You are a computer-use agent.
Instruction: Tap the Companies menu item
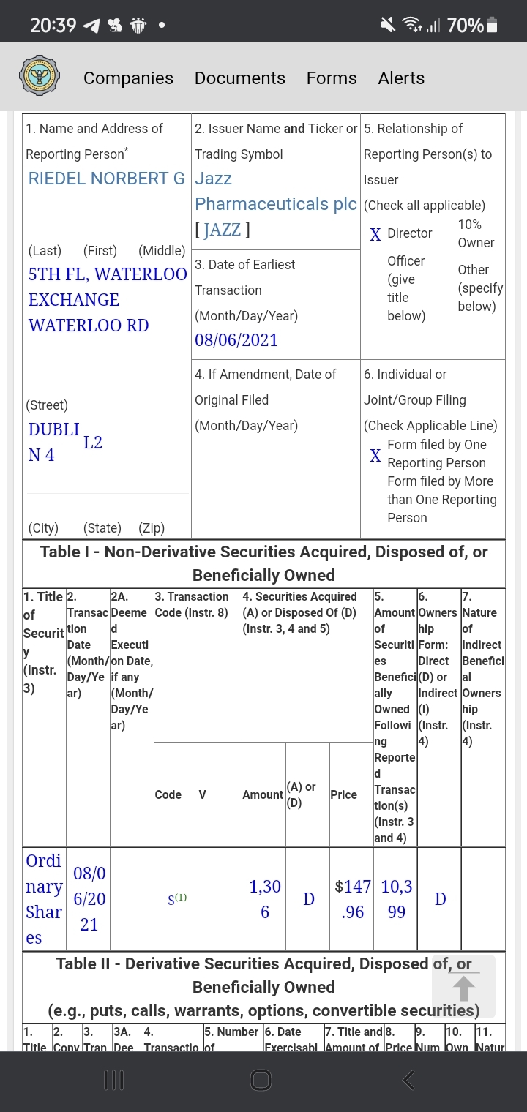pos(128,78)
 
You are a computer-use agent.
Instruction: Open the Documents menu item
pos(239,78)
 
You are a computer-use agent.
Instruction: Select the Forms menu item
pos(332,78)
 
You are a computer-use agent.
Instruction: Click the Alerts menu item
pos(401,78)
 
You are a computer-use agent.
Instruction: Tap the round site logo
pos(40,76)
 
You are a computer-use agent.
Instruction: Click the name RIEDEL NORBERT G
pos(106,179)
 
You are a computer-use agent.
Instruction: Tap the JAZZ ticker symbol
pos(223,230)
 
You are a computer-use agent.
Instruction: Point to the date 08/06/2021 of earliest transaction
pos(236,340)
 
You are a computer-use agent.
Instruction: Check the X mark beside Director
pos(375,235)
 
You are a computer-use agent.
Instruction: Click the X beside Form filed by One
pos(375,456)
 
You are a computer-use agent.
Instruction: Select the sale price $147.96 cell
pos(352,899)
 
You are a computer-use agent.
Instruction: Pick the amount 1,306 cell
pos(265,899)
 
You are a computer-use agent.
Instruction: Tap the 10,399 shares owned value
pos(396,899)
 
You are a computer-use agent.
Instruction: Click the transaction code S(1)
pos(176,899)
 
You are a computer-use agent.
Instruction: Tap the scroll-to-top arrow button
pos(463,987)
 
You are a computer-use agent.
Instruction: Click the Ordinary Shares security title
pos(44,899)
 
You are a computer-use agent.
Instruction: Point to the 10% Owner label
pos(476,233)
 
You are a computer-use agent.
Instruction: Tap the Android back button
pos(409,1080)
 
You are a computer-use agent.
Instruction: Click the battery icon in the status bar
pos(492,26)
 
